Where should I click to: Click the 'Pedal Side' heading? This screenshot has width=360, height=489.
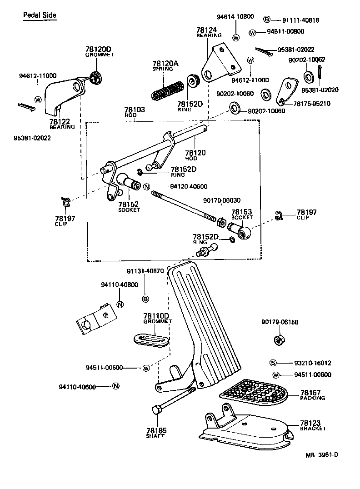click(x=40, y=15)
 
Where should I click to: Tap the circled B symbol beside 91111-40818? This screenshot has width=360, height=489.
click(x=267, y=20)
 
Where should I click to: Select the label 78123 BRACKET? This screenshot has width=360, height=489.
click(x=313, y=425)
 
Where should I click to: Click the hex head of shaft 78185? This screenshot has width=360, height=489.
click(x=155, y=410)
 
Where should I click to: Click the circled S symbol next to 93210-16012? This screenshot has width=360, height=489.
click(x=273, y=363)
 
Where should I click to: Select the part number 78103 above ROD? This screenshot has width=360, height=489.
click(x=135, y=110)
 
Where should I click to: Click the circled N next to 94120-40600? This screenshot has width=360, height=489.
click(x=147, y=187)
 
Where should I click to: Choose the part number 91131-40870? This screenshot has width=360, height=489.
click(x=145, y=271)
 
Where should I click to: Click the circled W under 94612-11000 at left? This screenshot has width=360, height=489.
click(x=38, y=100)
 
